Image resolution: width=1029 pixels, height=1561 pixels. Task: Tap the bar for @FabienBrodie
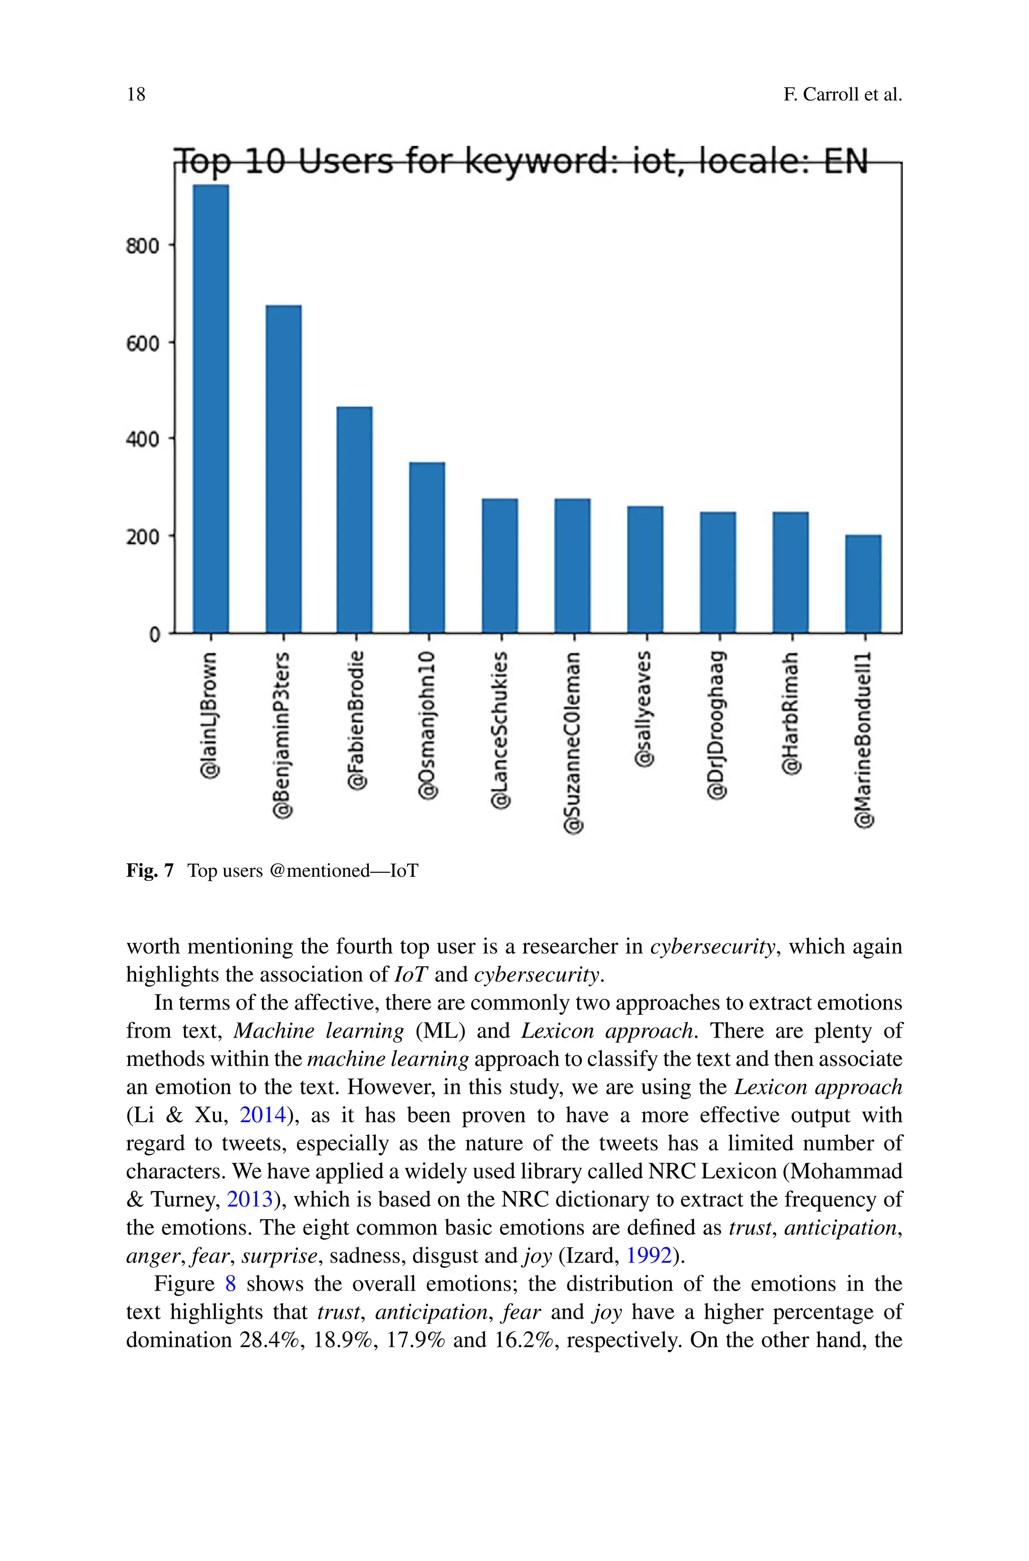tap(354, 520)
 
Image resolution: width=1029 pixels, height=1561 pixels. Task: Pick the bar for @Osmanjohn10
tap(427, 547)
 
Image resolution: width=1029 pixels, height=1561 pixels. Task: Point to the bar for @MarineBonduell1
tap(863, 584)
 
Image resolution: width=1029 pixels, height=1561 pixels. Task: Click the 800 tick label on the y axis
tap(142, 246)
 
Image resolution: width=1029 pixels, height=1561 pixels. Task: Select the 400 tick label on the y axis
tap(142, 439)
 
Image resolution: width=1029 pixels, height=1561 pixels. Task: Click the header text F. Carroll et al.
tap(843, 95)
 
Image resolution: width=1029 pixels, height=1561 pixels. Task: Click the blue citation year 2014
tap(262, 1115)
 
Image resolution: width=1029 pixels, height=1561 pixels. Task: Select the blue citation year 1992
tap(649, 1256)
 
